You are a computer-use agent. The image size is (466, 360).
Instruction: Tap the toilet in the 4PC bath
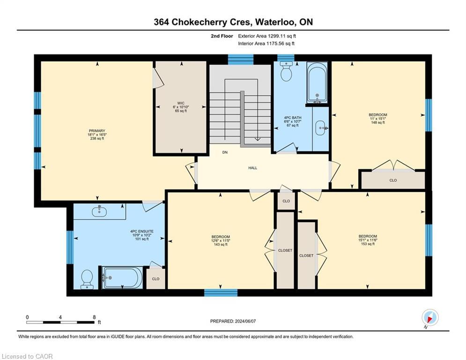point(285,72)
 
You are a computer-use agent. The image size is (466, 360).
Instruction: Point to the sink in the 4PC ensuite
point(99,212)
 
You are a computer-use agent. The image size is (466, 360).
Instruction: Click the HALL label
point(252,168)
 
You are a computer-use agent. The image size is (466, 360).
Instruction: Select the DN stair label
point(225,152)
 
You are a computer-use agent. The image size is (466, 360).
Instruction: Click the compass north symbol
point(429,318)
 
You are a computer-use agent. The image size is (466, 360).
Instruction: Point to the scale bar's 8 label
point(94,317)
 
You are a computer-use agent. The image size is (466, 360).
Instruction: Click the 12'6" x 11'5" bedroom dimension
point(220,240)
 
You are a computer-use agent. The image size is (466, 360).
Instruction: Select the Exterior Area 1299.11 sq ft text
point(267,36)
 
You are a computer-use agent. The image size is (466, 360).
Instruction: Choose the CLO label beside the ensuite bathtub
point(155,278)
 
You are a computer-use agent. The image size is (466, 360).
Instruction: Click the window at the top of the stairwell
point(240,59)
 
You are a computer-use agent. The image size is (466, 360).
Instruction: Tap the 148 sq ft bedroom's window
point(428,115)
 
